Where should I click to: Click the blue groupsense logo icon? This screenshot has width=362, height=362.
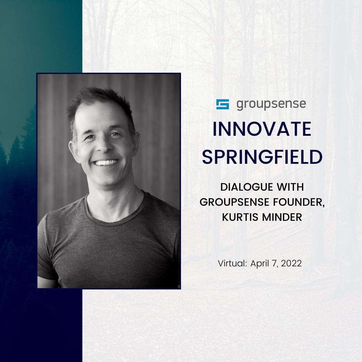pyautogui.click(x=223, y=104)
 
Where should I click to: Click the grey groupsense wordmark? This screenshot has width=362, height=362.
pyautogui.click(x=271, y=104)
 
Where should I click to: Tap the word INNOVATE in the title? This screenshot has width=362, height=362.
pyautogui.click(x=262, y=129)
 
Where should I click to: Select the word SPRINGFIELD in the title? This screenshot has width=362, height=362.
pyautogui.click(x=262, y=157)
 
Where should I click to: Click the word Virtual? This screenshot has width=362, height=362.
pyautogui.click(x=232, y=263)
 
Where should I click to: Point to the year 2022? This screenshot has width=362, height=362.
pyautogui.click(x=291, y=263)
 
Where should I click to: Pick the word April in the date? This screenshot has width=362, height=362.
pyautogui.click(x=260, y=263)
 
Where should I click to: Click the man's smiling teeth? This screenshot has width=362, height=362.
pyautogui.click(x=105, y=163)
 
